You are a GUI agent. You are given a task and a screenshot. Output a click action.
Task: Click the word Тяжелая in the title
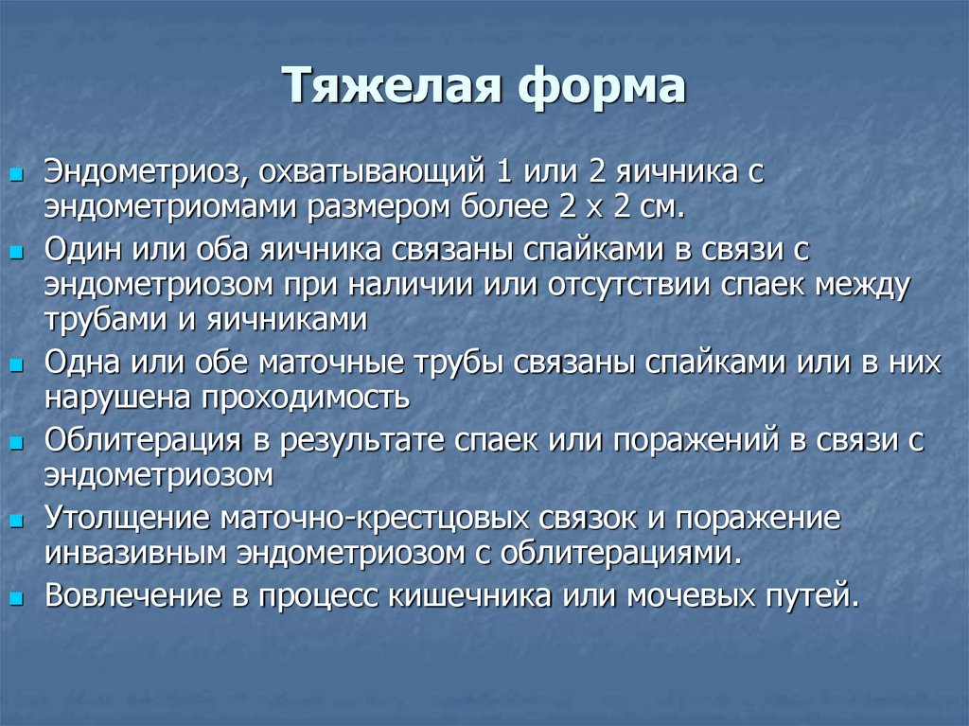pos(387,88)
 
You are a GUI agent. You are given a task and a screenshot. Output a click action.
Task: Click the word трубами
pos(96,319)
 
